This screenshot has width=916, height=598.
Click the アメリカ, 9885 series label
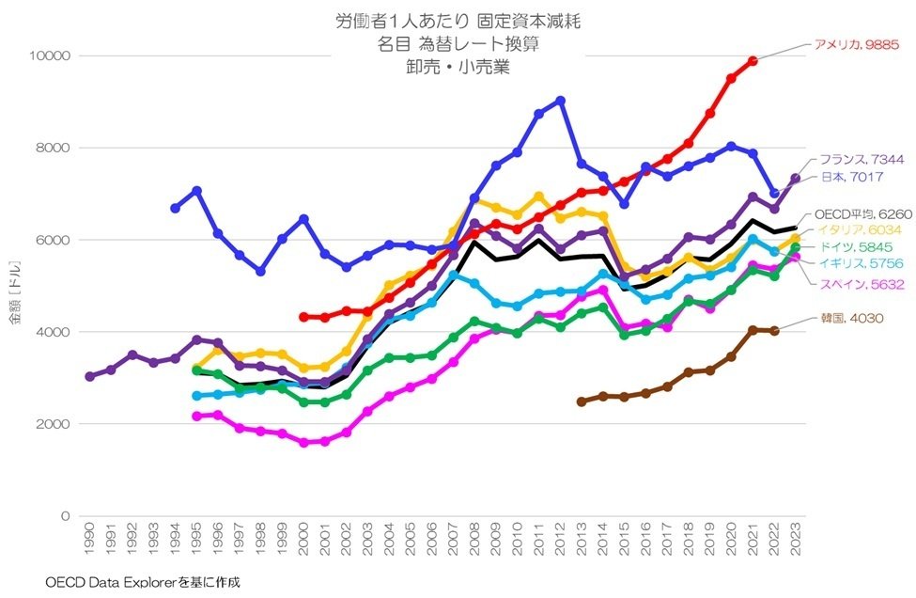click(x=856, y=44)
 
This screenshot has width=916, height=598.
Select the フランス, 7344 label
click(x=861, y=160)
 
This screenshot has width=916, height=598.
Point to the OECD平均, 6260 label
click(x=862, y=213)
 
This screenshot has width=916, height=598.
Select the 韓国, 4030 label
click(x=851, y=319)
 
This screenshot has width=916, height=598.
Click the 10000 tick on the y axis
click(x=53, y=56)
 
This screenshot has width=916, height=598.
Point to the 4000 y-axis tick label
click(x=56, y=333)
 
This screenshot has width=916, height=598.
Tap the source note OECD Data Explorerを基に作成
click(x=143, y=582)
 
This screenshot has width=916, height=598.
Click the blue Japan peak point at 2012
click(x=561, y=100)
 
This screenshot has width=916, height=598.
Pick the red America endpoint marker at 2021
click(x=753, y=61)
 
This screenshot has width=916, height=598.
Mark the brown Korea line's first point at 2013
click(x=582, y=401)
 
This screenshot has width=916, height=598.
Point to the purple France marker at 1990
click(x=89, y=376)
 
